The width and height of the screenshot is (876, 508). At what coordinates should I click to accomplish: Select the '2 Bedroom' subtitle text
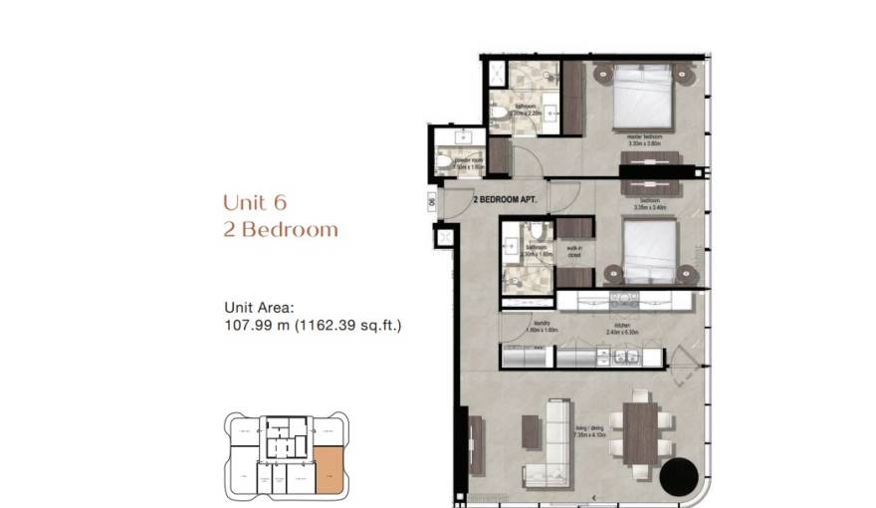[x=281, y=230]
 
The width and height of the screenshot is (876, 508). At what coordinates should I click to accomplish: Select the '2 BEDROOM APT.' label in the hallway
[x=505, y=199]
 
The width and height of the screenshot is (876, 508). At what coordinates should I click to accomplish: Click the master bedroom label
[x=646, y=136]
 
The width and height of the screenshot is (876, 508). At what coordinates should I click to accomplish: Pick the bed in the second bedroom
[x=648, y=253]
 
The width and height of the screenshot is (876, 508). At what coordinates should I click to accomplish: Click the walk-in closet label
[x=574, y=252]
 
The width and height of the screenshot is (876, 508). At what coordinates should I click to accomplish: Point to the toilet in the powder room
[x=445, y=161]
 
